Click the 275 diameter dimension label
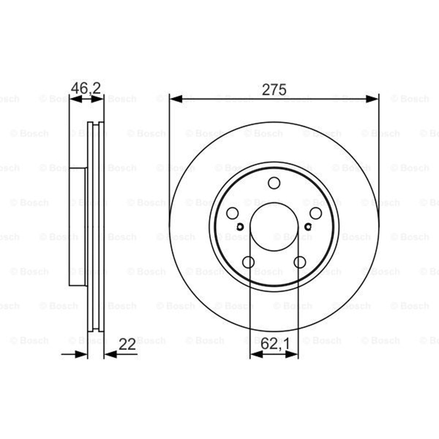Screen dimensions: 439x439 pos(274,90)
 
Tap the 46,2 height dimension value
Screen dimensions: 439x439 pos(86,88)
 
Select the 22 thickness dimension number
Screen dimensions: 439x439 pos(127,344)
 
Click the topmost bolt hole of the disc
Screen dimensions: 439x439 pos(274,183)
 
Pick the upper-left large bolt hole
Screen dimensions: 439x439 pos(232,213)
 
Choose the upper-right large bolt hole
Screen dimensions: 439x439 pos(316,213)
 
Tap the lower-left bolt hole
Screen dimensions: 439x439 pos(248,262)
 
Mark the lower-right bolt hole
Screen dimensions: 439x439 pos(300,262)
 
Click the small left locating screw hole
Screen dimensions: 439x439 pos(240,226)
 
